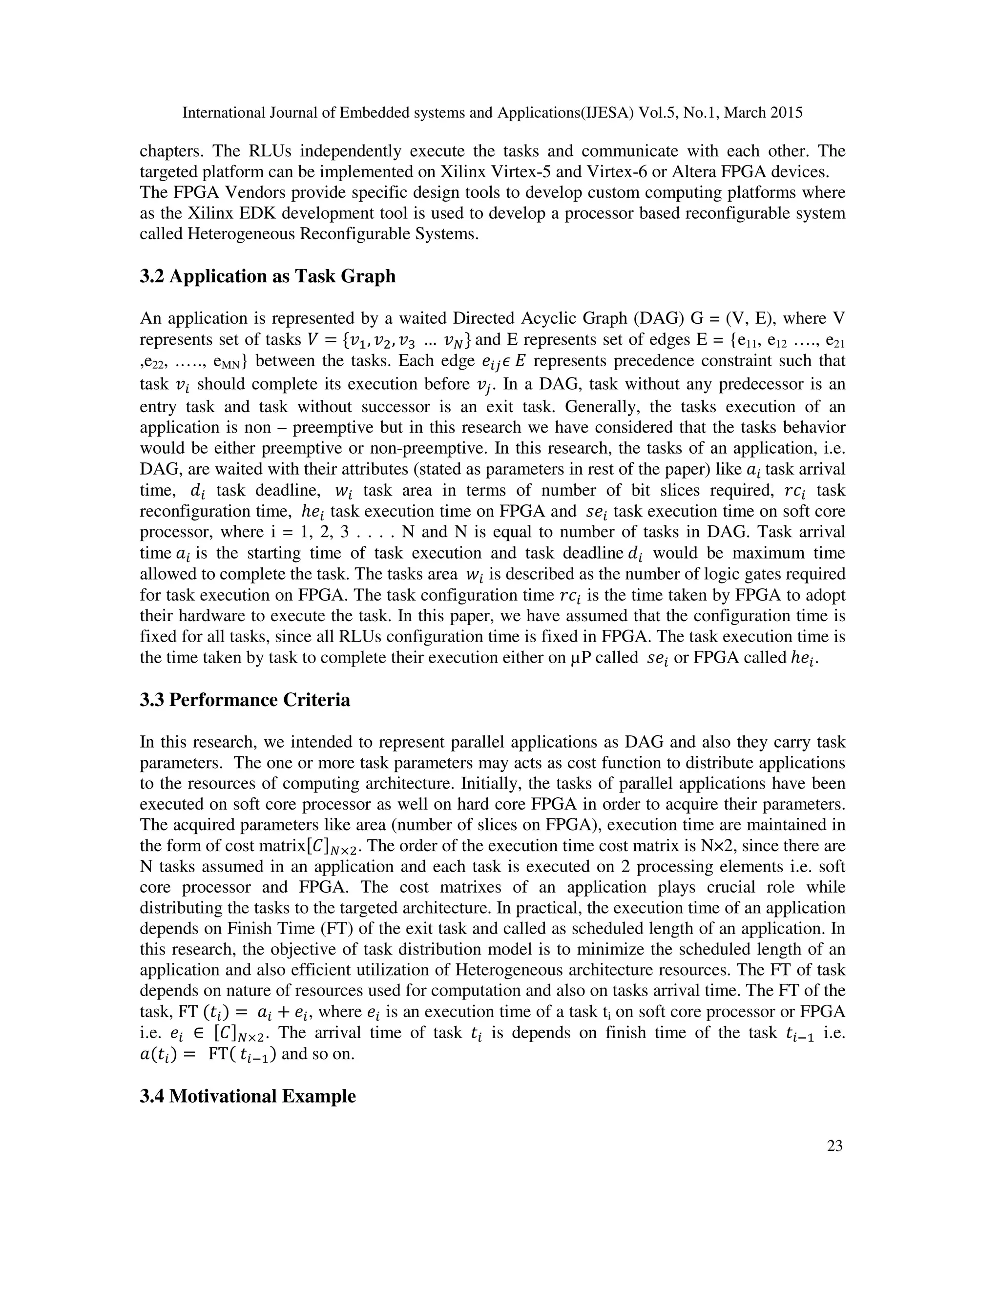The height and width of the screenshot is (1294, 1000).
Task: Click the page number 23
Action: (x=834, y=1147)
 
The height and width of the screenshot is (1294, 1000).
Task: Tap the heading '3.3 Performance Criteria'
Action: (x=245, y=700)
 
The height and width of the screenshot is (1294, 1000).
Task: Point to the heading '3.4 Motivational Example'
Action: (x=248, y=1096)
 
